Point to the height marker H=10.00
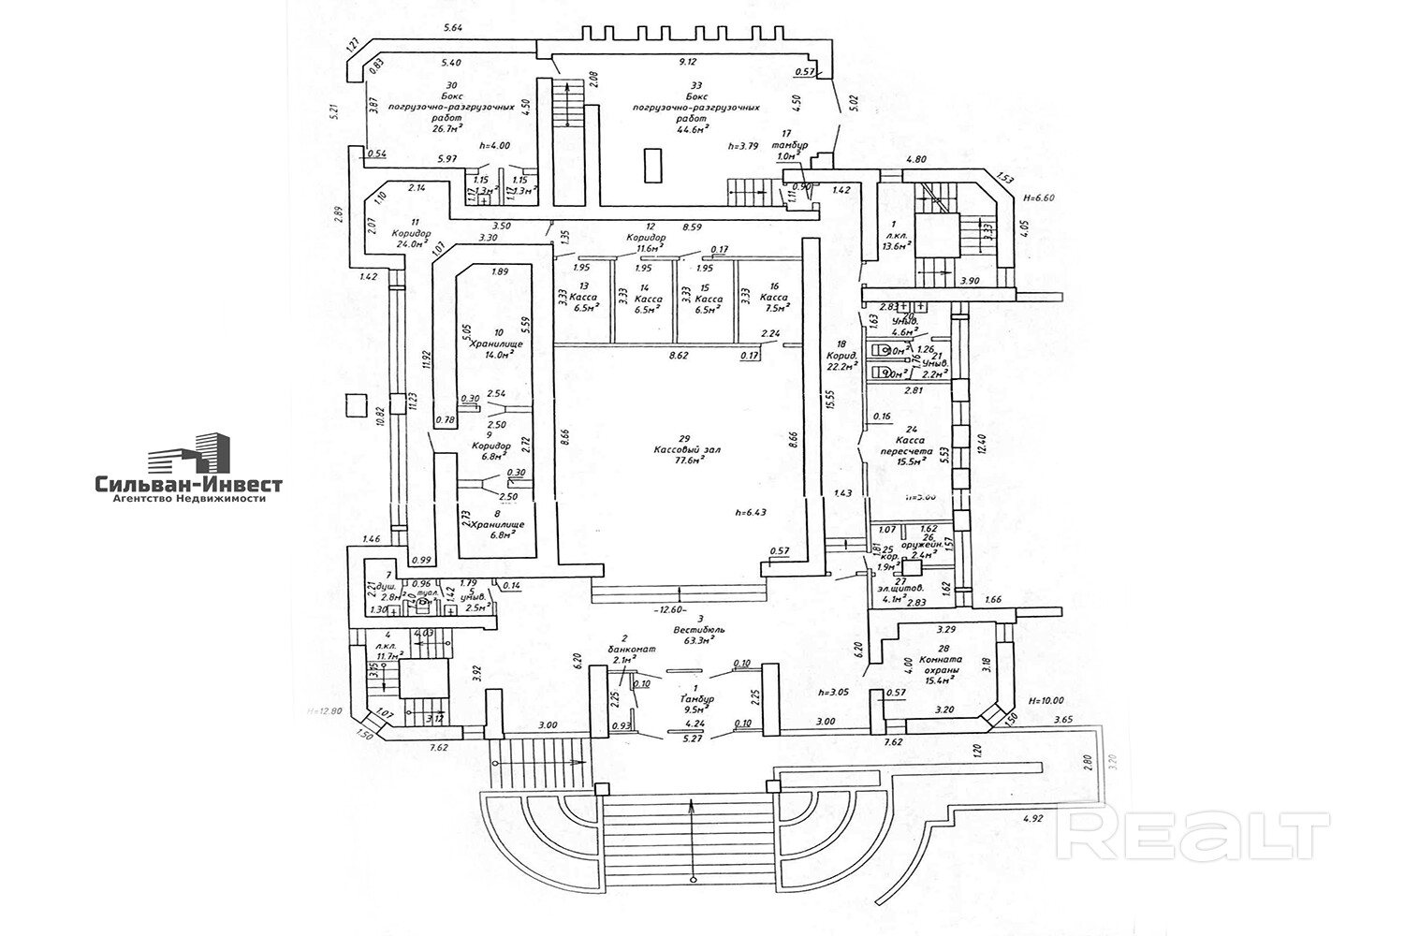pyautogui.click(x=1046, y=700)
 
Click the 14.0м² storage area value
pyautogui.click(x=499, y=355)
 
